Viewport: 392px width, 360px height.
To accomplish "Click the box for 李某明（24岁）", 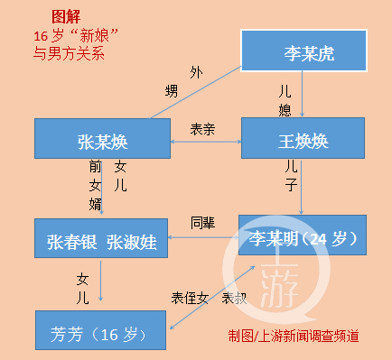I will (302, 238).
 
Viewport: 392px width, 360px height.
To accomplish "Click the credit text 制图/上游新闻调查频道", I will (293, 336).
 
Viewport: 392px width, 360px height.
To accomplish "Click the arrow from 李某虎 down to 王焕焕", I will (303, 95).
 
